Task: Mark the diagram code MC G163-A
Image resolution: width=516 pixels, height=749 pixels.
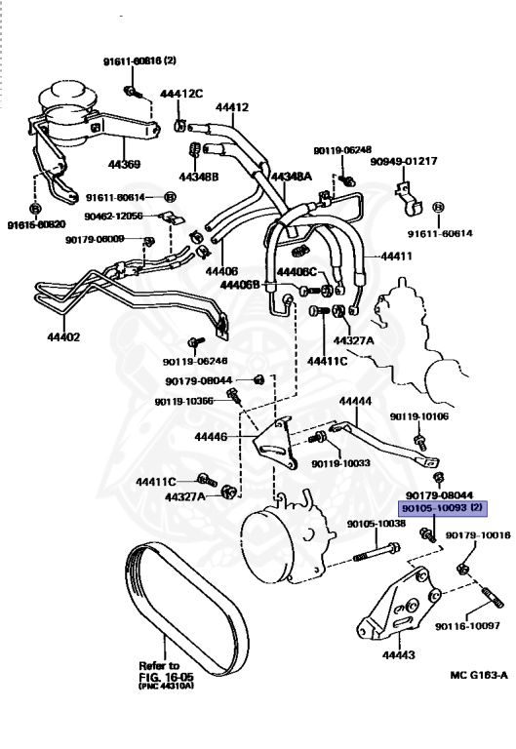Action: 478,674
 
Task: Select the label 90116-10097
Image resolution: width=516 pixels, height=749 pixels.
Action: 467,625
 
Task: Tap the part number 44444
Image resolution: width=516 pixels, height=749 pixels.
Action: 355,402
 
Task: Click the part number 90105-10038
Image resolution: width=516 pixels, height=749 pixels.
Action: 376,524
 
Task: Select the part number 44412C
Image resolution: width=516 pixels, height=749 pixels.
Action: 180,94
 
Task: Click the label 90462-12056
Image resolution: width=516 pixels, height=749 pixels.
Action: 113,216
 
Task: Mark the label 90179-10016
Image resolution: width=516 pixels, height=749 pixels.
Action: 478,535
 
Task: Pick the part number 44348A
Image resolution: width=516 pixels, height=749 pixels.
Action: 290,177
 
